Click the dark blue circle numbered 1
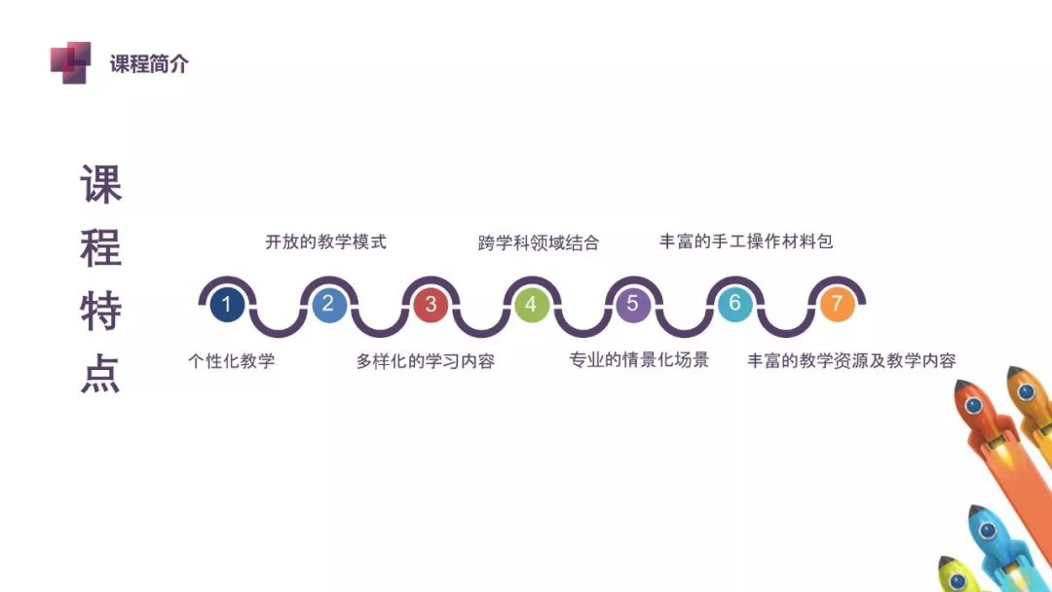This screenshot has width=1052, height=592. coord(227,305)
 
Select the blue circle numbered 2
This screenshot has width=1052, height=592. coord(329,305)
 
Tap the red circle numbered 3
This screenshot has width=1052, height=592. coord(431,305)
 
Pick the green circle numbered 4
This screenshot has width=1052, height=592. coord(532,305)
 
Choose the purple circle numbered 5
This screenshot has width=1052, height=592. coord(633,305)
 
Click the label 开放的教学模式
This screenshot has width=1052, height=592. coord(325,242)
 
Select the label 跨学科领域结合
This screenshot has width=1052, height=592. coord(538,242)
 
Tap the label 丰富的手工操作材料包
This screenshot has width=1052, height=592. coord(746,241)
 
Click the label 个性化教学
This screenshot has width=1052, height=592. coord(232,360)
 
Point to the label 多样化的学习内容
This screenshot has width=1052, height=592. coord(426,361)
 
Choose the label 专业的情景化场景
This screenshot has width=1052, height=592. coord(639,360)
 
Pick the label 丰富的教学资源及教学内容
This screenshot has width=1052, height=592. coord(852,360)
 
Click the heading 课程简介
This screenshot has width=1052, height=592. coord(149,64)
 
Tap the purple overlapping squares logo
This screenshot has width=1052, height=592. coord(70,62)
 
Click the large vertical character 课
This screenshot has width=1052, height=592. coord(101,184)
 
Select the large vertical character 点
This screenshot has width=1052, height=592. coord(100,374)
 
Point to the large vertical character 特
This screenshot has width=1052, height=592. coord(100,311)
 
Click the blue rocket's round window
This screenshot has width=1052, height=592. coord(987,531)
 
